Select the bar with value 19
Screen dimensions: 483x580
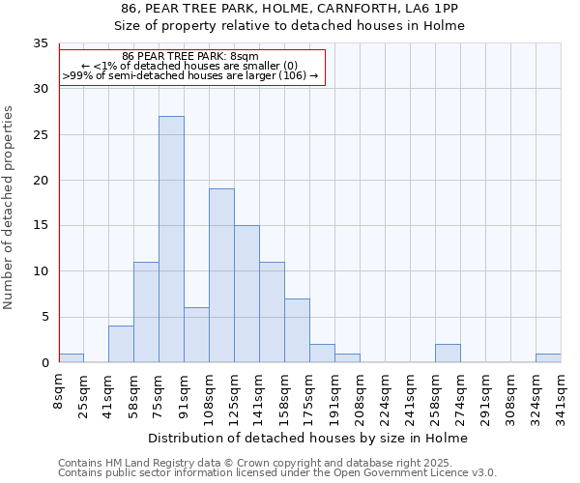[x=221, y=275]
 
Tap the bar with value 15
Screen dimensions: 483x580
[x=246, y=294]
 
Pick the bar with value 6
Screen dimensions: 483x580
[x=196, y=335]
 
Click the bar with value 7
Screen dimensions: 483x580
[x=297, y=330]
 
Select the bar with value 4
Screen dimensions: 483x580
[x=121, y=344]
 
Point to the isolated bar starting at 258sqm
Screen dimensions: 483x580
[x=448, y=354]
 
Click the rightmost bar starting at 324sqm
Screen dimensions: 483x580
[x=548, y=358]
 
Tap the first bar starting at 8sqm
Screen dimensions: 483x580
[x=71, y=358]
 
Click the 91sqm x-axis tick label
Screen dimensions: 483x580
[x=185, y=395]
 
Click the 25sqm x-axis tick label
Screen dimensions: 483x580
[x=84, y=395]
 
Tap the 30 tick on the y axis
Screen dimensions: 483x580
[x=41, y=89]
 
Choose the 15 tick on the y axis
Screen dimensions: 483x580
[x=41, y=226]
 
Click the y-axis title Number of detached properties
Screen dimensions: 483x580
[x=10, y=208]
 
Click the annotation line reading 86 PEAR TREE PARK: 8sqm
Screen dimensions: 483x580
[x=190, y=56]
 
